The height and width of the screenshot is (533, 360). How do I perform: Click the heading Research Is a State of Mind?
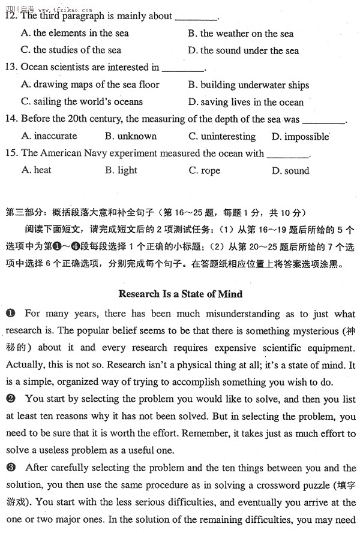[x=180, y=294]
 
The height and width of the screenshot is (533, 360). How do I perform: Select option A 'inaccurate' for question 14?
[x=49, y=137]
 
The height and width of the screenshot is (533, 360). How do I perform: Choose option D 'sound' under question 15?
[x=290, y=171]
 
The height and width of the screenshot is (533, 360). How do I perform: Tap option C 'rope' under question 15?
[x=205, y=171]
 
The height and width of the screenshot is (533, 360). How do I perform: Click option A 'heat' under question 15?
[x=36, y=170]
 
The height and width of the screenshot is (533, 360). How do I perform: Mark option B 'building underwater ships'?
[x=248, y=85]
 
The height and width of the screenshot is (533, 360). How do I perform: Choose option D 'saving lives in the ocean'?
[x=246, y=102]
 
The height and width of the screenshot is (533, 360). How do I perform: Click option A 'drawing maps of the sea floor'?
[x=90, y=85]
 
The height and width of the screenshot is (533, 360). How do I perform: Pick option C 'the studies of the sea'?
[x=71, y=50]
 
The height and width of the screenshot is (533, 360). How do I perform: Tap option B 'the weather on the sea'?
[x=241, y=34]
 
